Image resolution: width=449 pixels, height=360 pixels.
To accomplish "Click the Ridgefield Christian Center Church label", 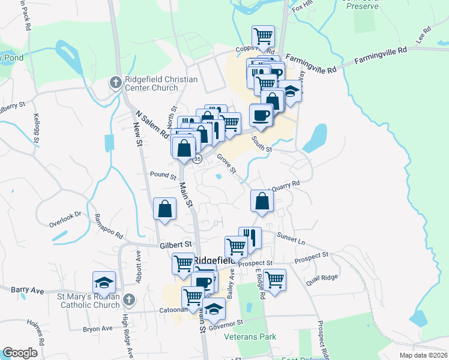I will tap(152, 83).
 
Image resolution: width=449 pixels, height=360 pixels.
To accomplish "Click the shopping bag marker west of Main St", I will tap(164, 209).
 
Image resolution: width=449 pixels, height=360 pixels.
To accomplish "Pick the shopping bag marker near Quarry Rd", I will tap(262, 201).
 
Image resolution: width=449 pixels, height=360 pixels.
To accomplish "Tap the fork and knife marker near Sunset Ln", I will tap(250, 238).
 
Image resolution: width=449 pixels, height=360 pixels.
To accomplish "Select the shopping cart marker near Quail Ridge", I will tap(274, 279).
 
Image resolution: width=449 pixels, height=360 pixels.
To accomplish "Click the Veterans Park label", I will tap(250, 337).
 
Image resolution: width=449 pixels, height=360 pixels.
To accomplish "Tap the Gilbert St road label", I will tap(175, 245).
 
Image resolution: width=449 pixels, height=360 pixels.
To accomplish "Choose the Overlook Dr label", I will tap(65, 219).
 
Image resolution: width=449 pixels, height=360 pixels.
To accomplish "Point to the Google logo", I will tap(20, 353).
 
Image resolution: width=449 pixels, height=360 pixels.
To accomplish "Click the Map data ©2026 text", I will tap(423, 355).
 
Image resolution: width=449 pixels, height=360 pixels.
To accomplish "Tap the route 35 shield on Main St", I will tap(197, 159).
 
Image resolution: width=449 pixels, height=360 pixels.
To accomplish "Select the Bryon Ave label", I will tap(98, 329).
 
